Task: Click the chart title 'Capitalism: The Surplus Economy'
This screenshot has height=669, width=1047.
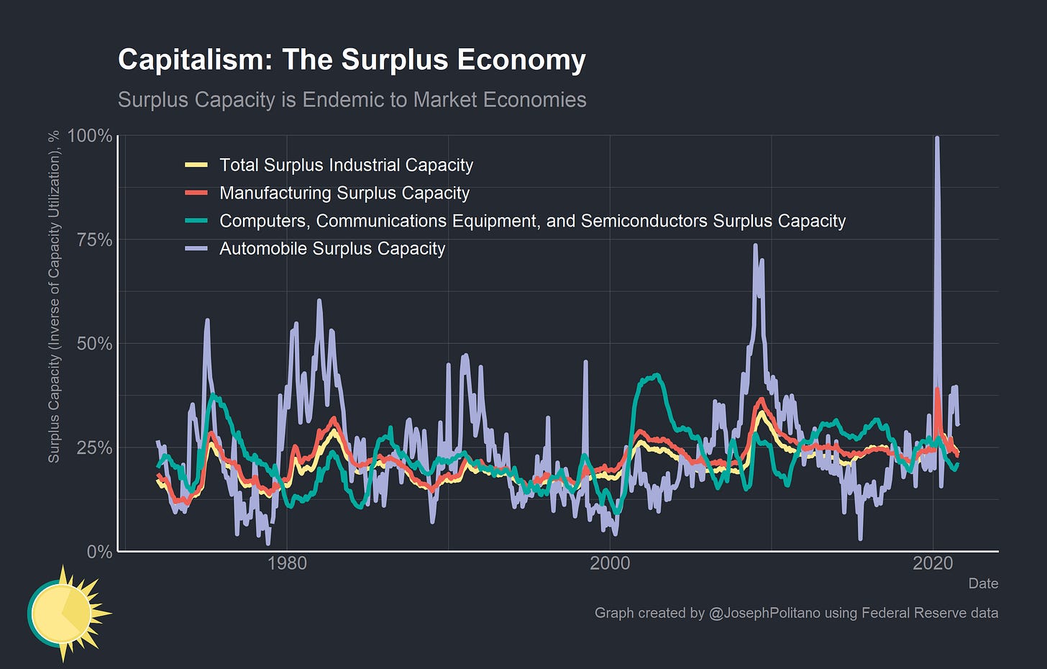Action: pos(352,60)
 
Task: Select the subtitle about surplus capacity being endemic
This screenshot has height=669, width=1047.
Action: pos(352,99)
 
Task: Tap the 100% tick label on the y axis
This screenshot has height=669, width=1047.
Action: pos(90,136)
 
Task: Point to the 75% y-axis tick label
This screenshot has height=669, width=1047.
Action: pos(93,240)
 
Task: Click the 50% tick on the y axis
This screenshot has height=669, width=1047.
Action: pos(93,343)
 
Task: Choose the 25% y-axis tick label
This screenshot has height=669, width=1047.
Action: pos(93,447)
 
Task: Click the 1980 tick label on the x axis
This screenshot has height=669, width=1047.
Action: pos(287,563)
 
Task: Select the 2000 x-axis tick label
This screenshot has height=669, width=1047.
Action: pos(610,563)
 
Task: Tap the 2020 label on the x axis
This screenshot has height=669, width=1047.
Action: pos(933,563)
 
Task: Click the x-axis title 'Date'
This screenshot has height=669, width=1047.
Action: pos(983,583)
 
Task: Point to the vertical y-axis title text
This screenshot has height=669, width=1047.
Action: pos(54,296)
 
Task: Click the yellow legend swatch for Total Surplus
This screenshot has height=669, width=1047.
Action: pos(196,165)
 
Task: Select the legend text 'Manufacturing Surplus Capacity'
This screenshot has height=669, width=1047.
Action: pos(344,193)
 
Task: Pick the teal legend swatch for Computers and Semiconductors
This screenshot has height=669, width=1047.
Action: pos(196,221)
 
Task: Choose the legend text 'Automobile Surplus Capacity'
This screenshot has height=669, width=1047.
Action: pos(332,249)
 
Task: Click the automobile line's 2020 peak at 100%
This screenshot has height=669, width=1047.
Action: pos(936,138)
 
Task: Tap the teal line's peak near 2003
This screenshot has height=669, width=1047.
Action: pos(655,375)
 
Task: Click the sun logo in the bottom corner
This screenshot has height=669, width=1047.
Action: pos(65,613)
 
